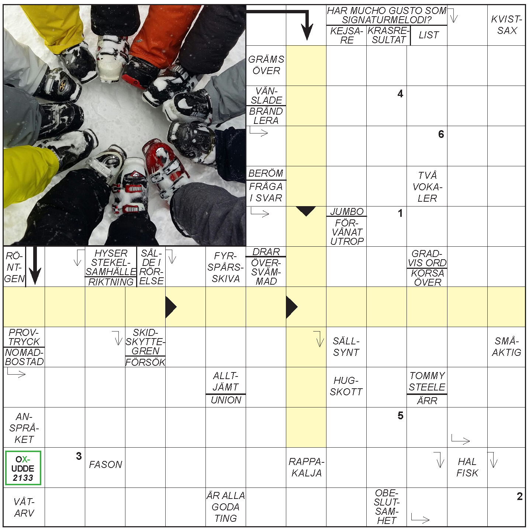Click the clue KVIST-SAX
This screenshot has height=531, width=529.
click(x=506, y=25)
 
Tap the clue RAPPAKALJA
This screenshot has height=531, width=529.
click(x=306, y=467)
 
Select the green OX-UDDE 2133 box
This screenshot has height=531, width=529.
click(x=23, y=468)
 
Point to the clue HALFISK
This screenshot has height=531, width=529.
click(x=467, y=467)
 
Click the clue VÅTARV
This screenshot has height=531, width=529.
click(x=24, y=507)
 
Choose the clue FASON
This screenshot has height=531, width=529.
click(x=106, y=465)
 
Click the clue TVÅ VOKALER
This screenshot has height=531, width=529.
click(x=427, y=187)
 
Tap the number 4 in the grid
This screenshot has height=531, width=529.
click(x=400, y=94)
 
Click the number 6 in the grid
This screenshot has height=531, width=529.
click(x=441, y=134)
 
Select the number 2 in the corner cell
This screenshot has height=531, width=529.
click(x=520, y=496)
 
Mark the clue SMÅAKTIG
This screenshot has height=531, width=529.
click(x=506, y=347)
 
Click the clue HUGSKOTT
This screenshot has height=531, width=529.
click(x=346, y=386)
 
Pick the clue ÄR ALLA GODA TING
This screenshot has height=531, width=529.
click(x=226, y=507)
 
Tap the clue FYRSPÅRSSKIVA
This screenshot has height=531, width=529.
click(x=226, y=267)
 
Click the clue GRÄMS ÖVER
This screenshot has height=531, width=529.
click(x=266, y=65)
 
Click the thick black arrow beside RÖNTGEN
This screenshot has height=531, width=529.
click(x=35, y=265)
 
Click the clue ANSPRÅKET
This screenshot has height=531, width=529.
click(x=24, y=428)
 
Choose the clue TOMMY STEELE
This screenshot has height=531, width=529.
click(x=427, y=381)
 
